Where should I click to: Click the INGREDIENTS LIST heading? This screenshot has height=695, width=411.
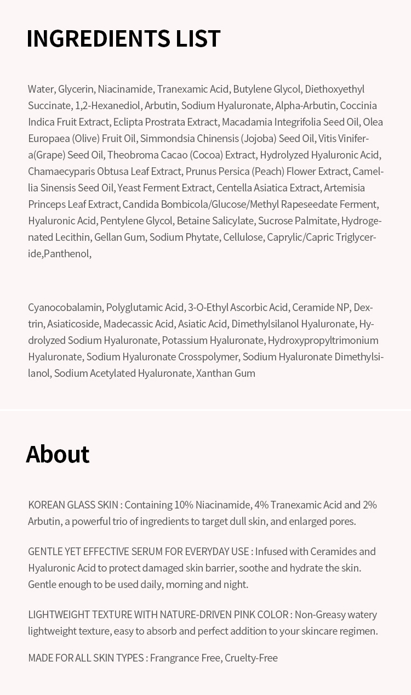point(123,38)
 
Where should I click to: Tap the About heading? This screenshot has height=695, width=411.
point(58,454)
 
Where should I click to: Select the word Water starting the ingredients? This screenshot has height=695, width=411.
point(41,89)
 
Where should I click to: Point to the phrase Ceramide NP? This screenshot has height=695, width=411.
point(321,307)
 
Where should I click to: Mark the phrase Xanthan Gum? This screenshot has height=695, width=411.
point(226,373)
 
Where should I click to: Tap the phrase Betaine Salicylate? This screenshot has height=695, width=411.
point(215,221)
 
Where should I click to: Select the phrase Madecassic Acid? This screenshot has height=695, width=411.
point(138,324)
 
